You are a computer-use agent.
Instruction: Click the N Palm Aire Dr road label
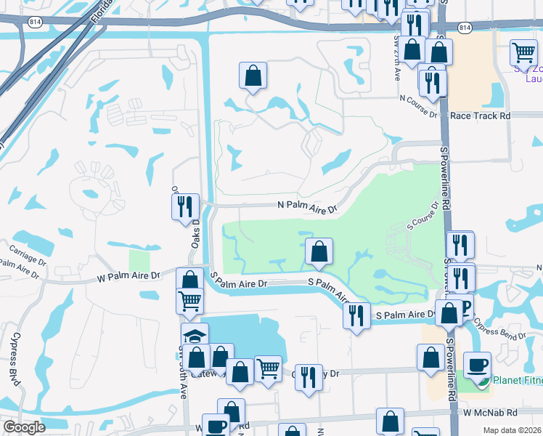308,207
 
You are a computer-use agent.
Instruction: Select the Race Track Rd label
480,116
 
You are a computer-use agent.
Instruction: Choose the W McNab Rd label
491,412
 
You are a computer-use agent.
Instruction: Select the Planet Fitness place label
517,379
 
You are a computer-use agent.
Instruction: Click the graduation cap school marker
195,336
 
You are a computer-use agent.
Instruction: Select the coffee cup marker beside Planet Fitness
477,365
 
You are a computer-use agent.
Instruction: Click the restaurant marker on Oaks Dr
184,206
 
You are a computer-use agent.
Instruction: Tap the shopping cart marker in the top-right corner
523,52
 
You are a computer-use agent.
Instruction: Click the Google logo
23,427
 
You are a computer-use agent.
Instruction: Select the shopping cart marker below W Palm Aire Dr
189,300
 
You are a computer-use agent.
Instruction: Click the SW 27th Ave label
396,58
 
